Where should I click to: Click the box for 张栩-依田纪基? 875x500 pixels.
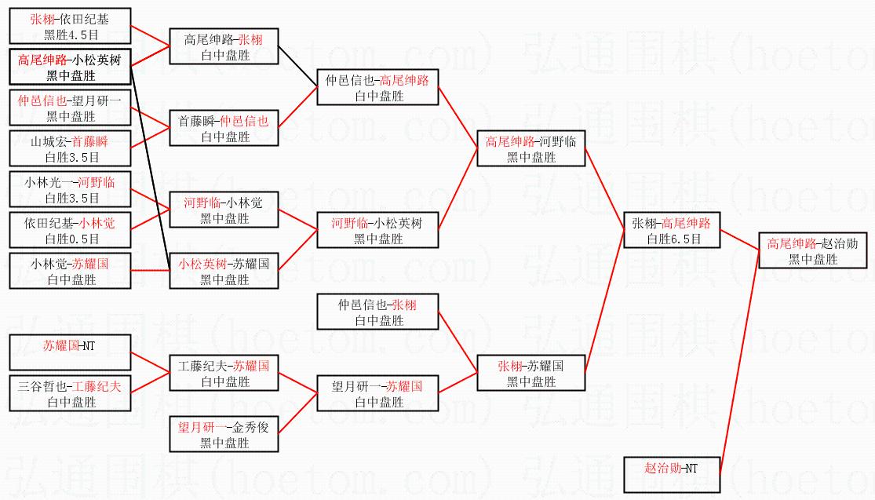[71, 27]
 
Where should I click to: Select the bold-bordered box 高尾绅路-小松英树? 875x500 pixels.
[71, 68]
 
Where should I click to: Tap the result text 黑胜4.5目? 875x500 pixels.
[71, 35]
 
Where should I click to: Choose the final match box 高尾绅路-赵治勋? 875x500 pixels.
[812, 250]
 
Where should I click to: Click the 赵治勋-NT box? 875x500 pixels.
[673, 474]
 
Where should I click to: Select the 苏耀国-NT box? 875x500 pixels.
[71, 352]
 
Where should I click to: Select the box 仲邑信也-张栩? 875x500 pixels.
[377, 312]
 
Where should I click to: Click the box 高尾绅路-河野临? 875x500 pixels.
[530, 149]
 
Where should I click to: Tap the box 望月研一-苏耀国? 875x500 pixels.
[377, 393]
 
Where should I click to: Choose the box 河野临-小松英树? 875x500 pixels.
[377, 230]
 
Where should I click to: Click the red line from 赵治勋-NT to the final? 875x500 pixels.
[738, 361]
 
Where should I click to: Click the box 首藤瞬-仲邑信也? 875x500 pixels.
[224, 128]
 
